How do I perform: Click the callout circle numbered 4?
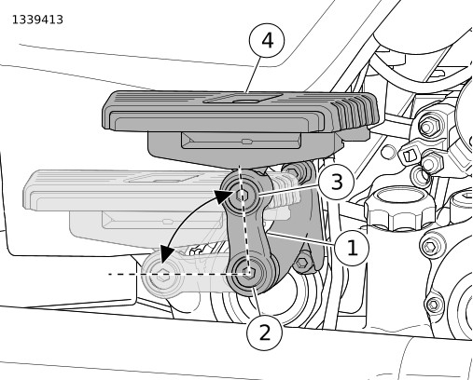(x=267, y=40)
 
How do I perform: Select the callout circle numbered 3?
(x=337, y=182)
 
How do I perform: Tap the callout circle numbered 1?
(x=352, y=248)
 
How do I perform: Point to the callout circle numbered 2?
(x=265, y=333)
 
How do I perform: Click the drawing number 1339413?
(x=37, y=20)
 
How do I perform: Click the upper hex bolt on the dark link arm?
(x=241, y=195)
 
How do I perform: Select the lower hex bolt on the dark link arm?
(x=248, y=273)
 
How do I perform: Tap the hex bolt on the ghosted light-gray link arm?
(x=163, y=275)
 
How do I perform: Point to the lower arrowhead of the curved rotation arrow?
(x=166, y=252)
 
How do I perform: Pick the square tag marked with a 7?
(x=408, y=156)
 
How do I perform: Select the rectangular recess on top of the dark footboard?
(x=243, y=99)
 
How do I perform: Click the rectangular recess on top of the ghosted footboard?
(x=161, y=178)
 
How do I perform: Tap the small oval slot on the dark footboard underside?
(x=247, y=142)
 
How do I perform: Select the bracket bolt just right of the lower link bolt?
(x=301, y=264)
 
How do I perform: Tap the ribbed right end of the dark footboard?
(x=356, y=111)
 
